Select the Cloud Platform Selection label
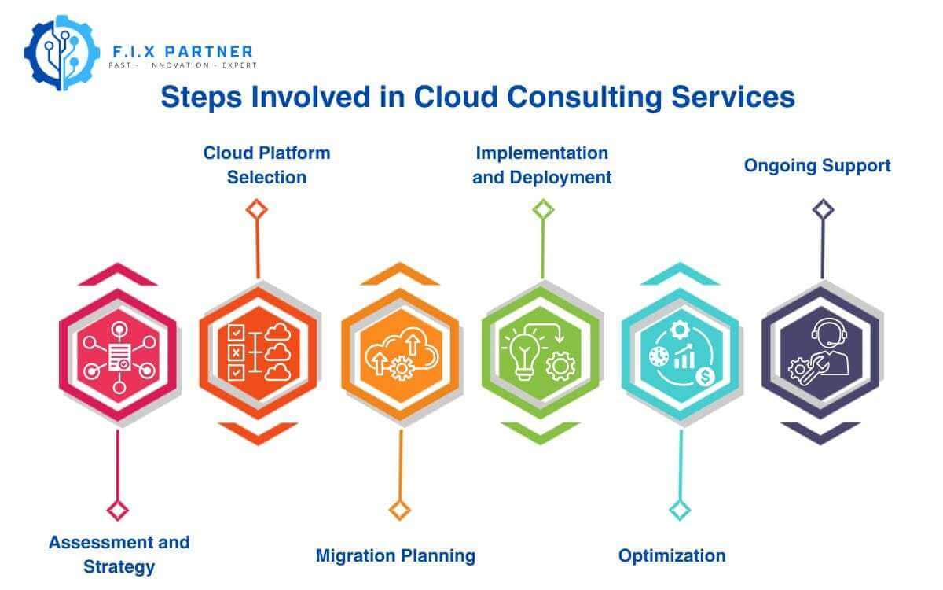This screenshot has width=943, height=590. point(266,164)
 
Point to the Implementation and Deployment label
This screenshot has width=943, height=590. point(542,164)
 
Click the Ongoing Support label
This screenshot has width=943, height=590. point(817,165)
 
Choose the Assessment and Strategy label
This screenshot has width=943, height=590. point(119,554)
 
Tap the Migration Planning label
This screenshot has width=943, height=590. point(395,555)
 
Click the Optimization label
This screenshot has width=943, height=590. point(672,555)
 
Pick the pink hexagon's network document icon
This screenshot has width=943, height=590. point(119,358)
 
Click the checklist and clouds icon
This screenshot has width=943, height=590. point(258,352)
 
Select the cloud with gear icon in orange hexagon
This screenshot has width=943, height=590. point(400,356)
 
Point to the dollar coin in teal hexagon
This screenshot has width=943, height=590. point(704,377)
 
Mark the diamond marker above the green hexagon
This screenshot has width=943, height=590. point(542,209)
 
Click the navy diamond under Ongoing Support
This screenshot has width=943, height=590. point(823,209)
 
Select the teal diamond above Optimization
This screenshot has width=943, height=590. point(680,509)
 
